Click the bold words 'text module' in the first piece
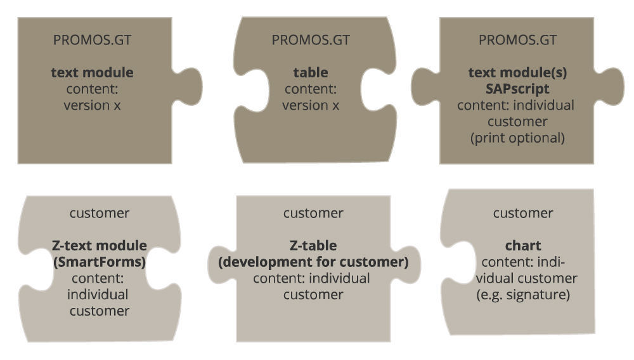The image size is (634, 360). point(92,72)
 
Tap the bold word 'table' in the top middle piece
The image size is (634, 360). point(310,72)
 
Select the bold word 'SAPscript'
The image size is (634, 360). point(517,89)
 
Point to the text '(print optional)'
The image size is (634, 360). point(517,138)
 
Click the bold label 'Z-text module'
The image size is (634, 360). point(99,245)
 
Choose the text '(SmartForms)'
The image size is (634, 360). point(99,261)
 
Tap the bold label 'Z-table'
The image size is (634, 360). point(313,245)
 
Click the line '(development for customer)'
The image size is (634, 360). point(313,261)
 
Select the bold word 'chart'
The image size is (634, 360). point(523,245)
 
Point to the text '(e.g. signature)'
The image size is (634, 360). point(523,295)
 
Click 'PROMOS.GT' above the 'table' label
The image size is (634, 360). point(310,40)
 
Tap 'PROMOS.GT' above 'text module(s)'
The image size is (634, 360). point(517,40)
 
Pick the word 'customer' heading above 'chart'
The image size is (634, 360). point(523,213)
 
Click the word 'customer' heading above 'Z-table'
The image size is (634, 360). point(313,213)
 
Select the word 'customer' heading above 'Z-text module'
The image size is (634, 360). point(99,213)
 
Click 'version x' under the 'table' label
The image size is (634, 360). point(310,105)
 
